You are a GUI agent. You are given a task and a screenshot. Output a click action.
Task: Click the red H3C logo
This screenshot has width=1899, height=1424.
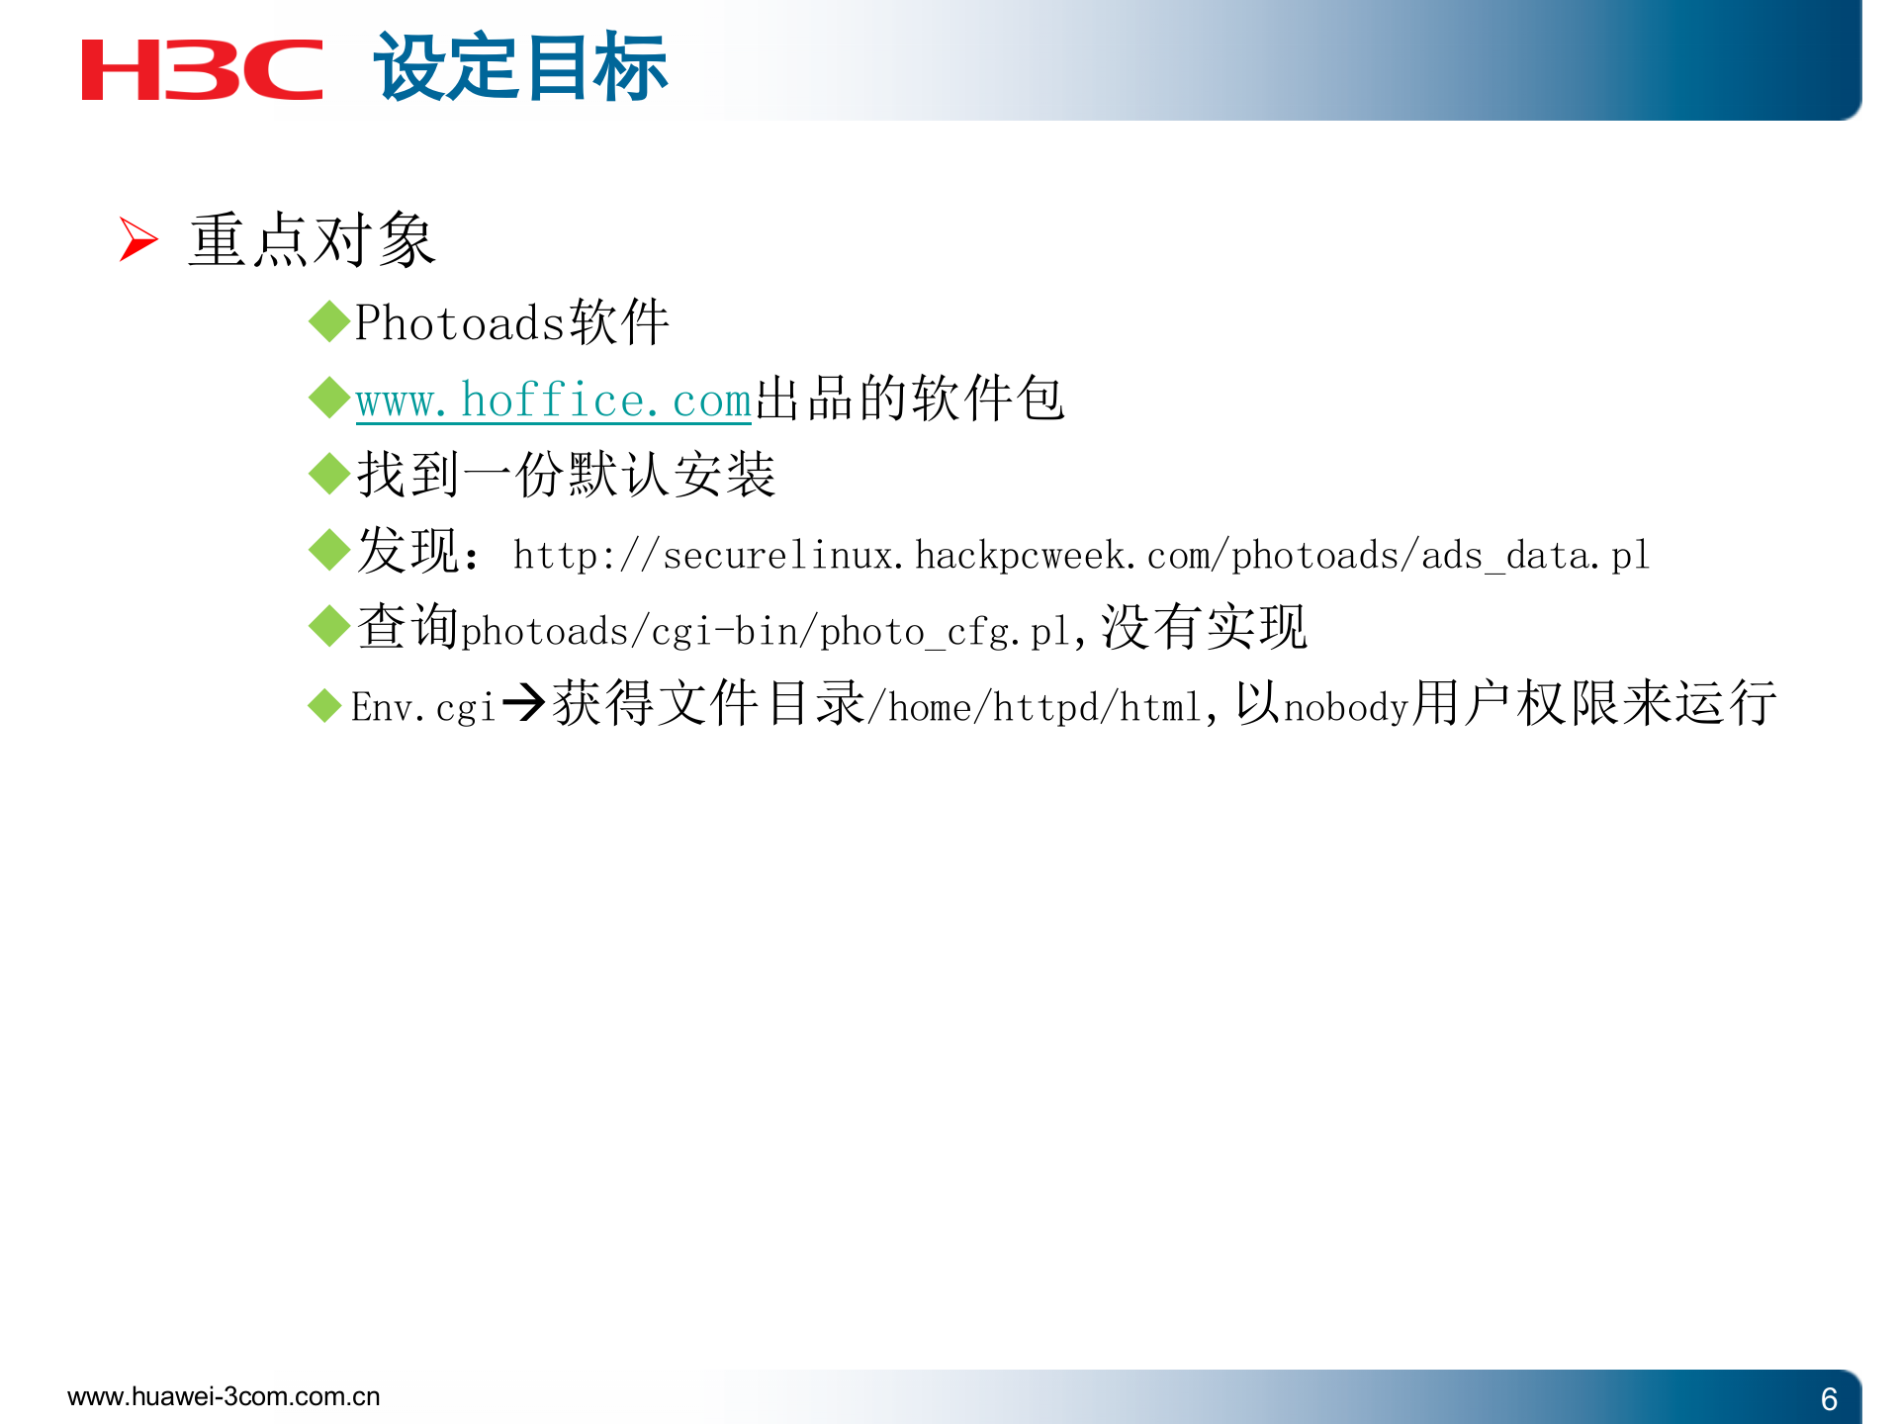coord(202,69)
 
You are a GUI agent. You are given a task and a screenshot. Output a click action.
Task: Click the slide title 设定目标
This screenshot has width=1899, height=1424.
coord(520,67)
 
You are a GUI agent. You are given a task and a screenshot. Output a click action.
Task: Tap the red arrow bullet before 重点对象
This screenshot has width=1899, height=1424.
coord(137,239)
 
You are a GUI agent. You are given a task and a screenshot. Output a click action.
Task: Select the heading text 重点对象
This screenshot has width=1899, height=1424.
coord(312,239)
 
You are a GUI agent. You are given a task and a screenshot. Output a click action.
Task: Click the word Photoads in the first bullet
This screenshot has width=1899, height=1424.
coord(460,323)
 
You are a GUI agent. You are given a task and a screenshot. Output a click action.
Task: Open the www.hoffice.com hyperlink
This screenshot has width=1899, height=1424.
coord(553,400)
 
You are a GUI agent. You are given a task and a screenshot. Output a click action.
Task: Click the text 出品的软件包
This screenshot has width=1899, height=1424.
coord(909,400)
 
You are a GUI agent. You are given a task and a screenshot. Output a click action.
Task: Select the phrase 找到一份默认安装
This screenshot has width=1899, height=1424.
coord(566,475)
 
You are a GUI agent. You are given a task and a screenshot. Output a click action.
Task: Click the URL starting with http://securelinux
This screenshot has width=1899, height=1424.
coord(1080,555)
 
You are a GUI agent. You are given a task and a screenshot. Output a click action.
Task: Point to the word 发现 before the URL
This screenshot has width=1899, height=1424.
coord(407,551)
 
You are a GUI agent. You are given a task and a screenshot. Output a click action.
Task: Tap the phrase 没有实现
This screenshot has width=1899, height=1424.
coord(1204,627)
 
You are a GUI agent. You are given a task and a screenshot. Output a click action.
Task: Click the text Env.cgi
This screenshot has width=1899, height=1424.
coord(422,707)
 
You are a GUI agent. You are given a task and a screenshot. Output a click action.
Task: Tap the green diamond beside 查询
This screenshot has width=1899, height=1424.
coord(328,626)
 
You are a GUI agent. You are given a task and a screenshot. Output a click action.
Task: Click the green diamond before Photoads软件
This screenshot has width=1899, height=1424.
coord(328,322)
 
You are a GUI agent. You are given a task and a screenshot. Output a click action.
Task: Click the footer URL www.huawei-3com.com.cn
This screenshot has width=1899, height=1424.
coord(224,1396)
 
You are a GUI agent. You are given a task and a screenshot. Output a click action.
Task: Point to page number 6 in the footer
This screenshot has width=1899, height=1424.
coord(1829,1398)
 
